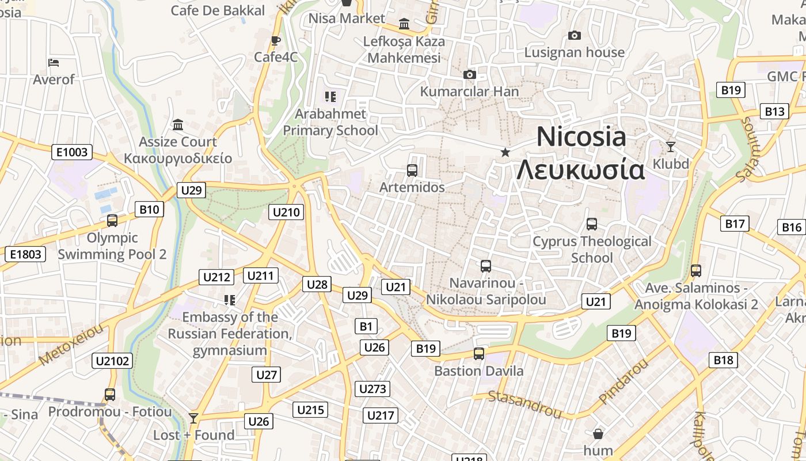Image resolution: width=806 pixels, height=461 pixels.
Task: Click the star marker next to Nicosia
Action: click(x=505, y=152)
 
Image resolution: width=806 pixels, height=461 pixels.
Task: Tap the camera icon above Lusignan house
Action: click(x=574, y=36)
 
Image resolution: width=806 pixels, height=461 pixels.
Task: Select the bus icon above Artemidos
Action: click(x=412, y=170)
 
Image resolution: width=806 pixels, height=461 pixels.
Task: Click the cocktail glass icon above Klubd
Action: click(x=670, y=146)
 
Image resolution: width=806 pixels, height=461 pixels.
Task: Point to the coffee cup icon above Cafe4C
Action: click(x=275, y=40)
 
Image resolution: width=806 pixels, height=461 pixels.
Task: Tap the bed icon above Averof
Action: click(x=54, y=62)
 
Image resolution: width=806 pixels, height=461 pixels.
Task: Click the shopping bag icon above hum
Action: click(x=598, y=433)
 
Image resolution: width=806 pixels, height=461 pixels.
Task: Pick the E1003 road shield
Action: click(x=72, y=152)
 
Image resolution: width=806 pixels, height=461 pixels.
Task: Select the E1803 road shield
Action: click(x=25, y=254)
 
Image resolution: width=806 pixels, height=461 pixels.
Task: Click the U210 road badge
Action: click(x=286, y=212)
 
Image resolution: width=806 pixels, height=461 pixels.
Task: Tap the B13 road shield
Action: click(x=774, y=111)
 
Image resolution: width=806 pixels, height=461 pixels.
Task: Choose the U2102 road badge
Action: click(x=112, y=361)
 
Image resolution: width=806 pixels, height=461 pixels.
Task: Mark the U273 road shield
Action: click(x=372, y=389)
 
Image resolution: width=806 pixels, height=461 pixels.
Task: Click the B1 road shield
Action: click(x=366, y=326)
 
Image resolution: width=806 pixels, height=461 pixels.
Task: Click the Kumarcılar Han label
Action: click(x=469, y=91)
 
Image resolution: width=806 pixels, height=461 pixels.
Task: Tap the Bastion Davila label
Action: click(x=479, y=371)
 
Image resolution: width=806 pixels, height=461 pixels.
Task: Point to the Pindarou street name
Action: click(x=623, y=381)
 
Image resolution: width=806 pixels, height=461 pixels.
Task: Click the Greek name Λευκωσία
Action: click(x=580, y=171)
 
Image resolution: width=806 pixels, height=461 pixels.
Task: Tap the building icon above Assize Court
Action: click(x=178, y=124)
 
